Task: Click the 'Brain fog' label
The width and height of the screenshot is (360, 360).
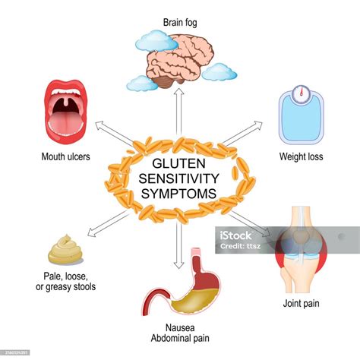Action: (x=180, y=23)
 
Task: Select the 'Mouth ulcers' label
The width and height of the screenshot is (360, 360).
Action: (x=65, y=156)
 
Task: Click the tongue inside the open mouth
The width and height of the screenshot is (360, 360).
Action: (x=65, y=124)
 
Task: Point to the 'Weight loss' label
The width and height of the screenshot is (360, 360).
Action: (x=301, y=156)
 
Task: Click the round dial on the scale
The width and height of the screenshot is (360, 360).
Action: (x=302, y=93)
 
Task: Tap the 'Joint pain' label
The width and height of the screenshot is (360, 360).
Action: (x=301, y=303)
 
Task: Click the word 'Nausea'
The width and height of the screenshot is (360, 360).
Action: (x=180, y=327)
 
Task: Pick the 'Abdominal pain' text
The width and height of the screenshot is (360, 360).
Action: (x=180, y=338)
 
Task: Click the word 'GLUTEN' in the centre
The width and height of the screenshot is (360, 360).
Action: (x=178, y=163)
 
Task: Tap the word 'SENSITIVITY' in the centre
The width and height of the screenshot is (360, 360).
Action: (x=178, y=178)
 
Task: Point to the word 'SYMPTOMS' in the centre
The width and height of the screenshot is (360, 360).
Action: (x=178, y=194)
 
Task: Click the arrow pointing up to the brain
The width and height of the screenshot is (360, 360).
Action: (x=179, y=112)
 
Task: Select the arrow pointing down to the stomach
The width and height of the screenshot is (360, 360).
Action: (x=179, y=246)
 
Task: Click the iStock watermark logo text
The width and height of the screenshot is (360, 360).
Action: (x=235, y=236)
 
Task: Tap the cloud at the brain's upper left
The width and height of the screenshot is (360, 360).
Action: (x=157, y=40)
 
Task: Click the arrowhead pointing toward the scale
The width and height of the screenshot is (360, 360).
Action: (x=257, y=125)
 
